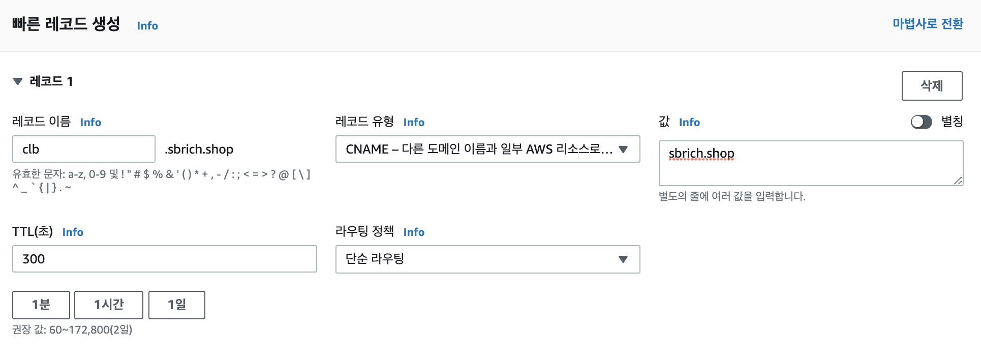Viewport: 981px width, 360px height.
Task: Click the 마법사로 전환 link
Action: pyautogui.click(x=928, y=24)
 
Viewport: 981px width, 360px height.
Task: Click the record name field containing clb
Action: pyautogui.click(x=84, y=149)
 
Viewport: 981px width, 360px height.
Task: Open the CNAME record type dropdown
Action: pyautogui.click(x=487, y=149)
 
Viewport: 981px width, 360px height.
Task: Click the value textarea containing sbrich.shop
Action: pyautogui.click(x=811, y=163)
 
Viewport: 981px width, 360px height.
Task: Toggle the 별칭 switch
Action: pyautogui.click(x=921, y=122)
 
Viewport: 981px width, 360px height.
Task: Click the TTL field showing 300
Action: pyautogui.click(x=164, y=259)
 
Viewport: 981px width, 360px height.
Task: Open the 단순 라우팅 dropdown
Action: pyautogui.click(x=487, y=259)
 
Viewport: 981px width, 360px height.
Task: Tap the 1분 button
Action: pyautogui.click(x=41, y=305)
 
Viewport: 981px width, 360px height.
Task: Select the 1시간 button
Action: pyautogui.click(x=109, y=305)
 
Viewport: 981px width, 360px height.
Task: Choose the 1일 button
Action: pyautogui.click(x=177, y=305)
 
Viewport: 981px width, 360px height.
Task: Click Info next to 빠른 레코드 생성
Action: pyautogui.click(x=147, y=26)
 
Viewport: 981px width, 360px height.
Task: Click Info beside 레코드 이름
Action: pyautogui.click(x=90, y=123)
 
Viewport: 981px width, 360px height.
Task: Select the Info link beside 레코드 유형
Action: pyautogui.click(x=414, y=123)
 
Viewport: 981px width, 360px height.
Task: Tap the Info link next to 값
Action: pyautogui.click(x=689, y=123)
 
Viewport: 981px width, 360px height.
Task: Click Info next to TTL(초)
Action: pyautogui.click(x=73, y=232)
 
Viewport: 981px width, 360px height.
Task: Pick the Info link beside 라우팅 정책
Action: pyautogui.click(x=414, y=232)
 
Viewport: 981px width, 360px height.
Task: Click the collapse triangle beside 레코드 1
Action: pyautogui.click(x=18, y=81)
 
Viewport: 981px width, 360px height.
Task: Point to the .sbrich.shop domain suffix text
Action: pyautogui.click(x=199, y=149)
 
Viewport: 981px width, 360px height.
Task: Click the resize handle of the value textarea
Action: pyautogui.click(x=958, y=181)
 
